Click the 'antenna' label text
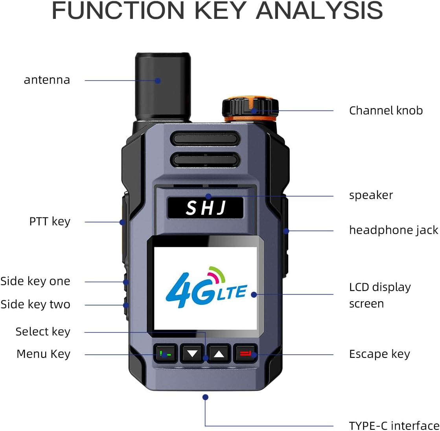coord(47,80)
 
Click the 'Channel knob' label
coord(386,111)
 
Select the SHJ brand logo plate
coord(205,208)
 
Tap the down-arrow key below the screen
coord(192,354)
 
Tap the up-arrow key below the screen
coord(219,354)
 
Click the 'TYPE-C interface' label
coord(394,425)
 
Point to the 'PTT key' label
coord(50,221)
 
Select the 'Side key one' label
coord(35,281)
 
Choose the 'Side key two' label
coord(35,304)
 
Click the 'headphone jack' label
coord(394,230)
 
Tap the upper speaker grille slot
coord(205,138)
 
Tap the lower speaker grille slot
coord(205,159)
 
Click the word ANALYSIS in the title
coord(319,11)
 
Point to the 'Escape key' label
coord(379,354)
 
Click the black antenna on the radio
coord(163,85)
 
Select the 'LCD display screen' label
coord(379,295)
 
